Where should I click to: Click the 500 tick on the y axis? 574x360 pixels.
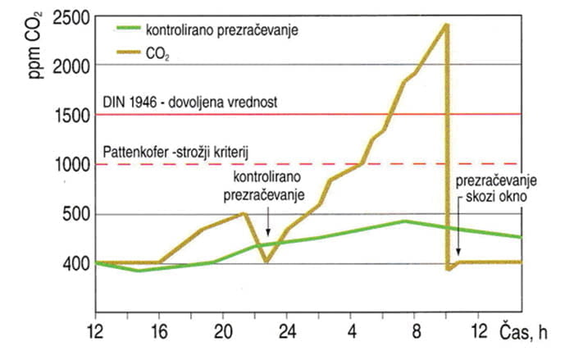[x=72, y=214]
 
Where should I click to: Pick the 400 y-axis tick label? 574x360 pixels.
[x=72, y=263]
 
